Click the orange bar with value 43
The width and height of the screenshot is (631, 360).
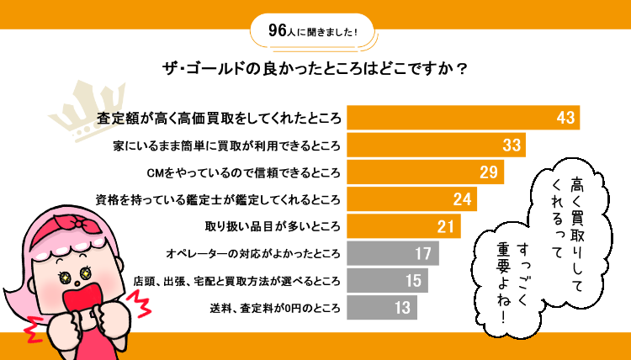464,118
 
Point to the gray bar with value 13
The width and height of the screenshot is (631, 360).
382,307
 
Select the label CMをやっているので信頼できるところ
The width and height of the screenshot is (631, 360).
243,172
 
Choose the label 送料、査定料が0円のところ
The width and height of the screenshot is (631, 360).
275,308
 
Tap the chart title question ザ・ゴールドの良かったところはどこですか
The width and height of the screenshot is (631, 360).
315,70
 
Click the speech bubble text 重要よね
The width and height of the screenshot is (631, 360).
504,282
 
